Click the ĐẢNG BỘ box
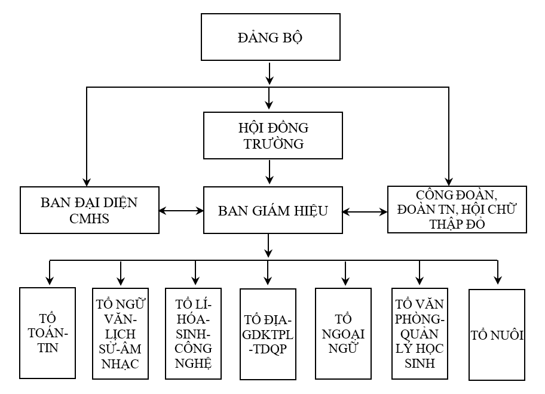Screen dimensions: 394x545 [271, 37]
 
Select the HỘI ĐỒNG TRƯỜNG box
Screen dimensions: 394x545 [273, 136]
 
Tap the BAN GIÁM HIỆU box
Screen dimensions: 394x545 [272, 210]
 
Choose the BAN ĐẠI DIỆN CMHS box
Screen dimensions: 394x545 [90, 210]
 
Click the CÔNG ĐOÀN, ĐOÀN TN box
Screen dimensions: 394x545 [457, 209]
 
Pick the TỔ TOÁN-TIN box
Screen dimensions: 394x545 [48, 333]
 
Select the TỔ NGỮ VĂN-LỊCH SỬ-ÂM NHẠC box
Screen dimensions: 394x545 [121, 334]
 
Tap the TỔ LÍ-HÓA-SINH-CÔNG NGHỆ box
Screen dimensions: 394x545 [194, 334]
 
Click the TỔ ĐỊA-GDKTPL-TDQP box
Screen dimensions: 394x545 [268, 334]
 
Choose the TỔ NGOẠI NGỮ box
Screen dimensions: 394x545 [345, 334]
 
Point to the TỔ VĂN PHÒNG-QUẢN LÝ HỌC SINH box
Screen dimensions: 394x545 [419, 334]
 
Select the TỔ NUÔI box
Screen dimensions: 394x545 [497, 334]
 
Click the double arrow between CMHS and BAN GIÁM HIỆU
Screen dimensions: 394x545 [182, 210]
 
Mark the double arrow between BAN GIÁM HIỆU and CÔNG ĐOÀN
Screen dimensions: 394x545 [365, 211]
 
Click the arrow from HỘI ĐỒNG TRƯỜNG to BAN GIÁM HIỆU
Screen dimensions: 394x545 [271, 172]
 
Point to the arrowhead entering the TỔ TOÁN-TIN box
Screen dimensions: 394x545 [48, 281]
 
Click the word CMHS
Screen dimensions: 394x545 [89, 218]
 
